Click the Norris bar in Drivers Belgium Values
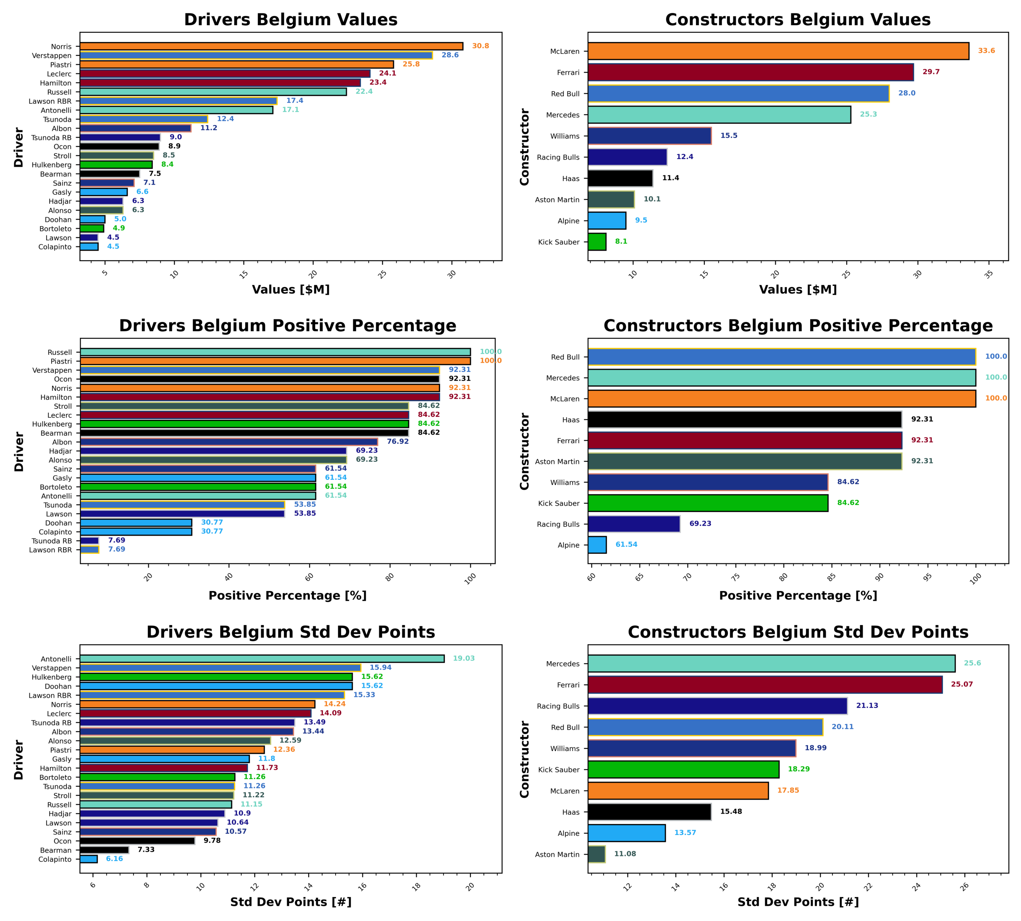271,46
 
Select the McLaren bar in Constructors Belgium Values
777,51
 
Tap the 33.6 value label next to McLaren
986,51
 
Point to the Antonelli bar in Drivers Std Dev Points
262,658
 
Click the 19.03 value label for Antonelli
463,658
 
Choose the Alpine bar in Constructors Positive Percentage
597,545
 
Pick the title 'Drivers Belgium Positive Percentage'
288,325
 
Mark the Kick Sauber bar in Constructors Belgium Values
597,242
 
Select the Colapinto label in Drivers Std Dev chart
55,859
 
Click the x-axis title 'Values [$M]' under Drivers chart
291,290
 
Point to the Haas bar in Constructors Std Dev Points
649,812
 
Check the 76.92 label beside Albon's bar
397,441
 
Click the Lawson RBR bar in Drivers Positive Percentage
89,549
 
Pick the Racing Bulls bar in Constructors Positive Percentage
634,524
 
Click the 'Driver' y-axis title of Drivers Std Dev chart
19,759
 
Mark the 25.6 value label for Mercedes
972,663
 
